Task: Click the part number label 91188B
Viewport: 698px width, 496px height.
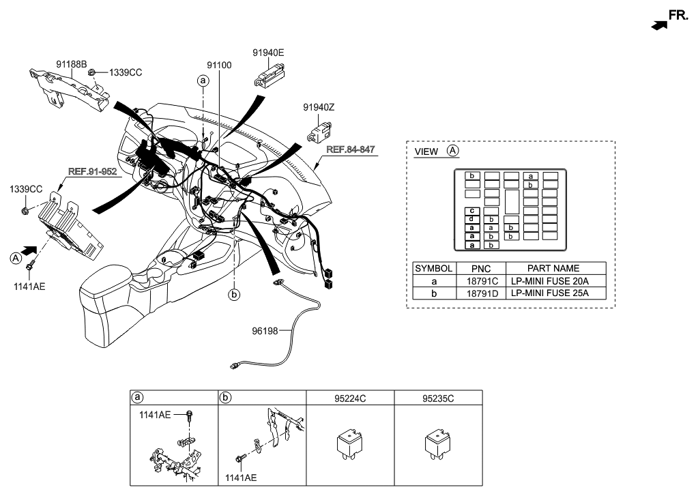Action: pyautogui.click(x=72, y=64)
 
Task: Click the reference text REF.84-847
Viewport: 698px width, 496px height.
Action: pyautogui.click(x=351, y=149)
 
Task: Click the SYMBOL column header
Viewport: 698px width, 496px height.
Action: pyautogui.click(x=433, y=269)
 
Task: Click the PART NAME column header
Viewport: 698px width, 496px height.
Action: pyautogui.click(x=552, y=269)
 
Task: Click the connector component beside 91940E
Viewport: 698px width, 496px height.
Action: pyautogui.click(x=270, y=73)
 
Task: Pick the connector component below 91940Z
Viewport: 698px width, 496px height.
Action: pyautogui.click(x=320, y=131)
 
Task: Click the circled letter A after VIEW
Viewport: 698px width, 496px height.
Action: pyautogui.click(x=453, y=151)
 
